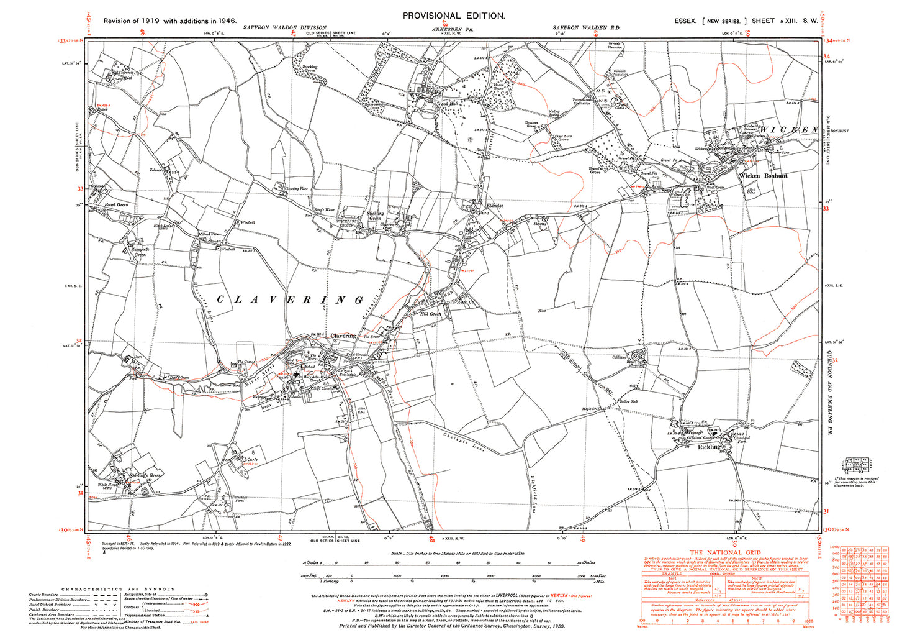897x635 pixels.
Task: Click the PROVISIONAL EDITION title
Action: [454, 16]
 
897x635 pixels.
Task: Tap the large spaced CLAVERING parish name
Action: [289, 300]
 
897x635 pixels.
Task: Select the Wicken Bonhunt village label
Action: [763, 176]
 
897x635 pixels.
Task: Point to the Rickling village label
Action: [708, 447]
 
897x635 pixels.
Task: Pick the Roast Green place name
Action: [115, 204]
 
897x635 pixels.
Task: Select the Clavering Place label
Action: [296, 188]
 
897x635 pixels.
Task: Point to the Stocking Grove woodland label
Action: [309, 69]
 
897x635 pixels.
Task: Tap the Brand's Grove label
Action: [597, 170]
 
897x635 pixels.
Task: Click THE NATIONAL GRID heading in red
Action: [725, 552]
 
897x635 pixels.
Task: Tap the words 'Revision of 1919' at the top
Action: [131, 21]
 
